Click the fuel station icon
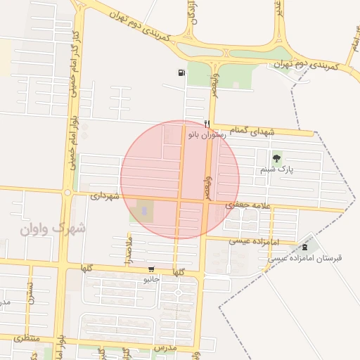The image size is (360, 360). click(x=182, y=72)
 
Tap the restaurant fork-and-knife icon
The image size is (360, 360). click(x=207, y=123)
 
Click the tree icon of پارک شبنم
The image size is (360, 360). click(x=276, y=159)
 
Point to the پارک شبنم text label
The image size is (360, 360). click(x=276, y=169)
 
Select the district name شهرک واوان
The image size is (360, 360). click(x=53, y=229)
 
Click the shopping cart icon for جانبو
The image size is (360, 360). click(x=151, y=269)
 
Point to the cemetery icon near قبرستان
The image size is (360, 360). click(x=304, y=247)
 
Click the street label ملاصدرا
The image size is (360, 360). click(x=128, y=251)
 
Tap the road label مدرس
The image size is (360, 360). click(x=164, y=348)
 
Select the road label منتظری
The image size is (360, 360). click(x=26, y=338)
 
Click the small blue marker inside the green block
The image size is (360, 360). click(x=145, y=210)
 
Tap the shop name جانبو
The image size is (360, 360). click(x=152, y=279)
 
